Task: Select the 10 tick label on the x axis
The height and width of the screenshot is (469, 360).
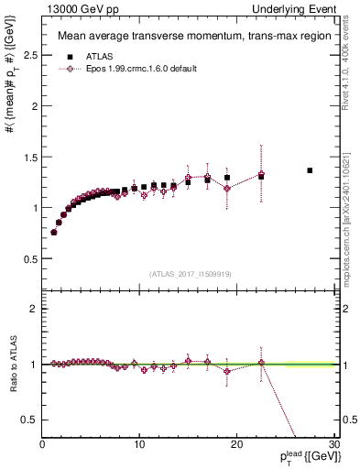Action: click(139, 445)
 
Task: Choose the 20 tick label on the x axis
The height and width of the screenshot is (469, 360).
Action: click(236, 445)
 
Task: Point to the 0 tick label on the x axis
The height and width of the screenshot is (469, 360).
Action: click(43, 445)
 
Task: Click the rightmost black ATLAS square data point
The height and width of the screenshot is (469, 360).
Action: click(310, 170)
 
